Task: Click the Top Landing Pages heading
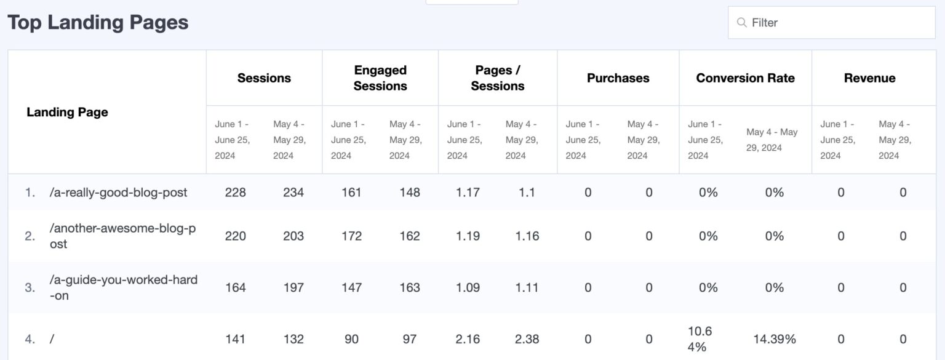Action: (x=98, y=23)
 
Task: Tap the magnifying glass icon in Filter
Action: (x=742, y=23)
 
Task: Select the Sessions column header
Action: (x=264, y=78)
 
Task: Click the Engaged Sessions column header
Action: (x=380, y=78)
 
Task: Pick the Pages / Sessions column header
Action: (x=497, y=78)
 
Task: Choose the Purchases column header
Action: (x=618, y=78)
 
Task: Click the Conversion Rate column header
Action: (x=745, y=78)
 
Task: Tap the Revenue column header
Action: (x=869, y=78)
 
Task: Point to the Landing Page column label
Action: (x=67, y=112)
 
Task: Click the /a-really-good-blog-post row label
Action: (x=118, y=192)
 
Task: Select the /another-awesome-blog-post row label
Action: (x=122, y=236)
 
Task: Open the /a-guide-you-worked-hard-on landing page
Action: (x=123, y=287)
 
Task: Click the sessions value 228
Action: (x=236, y=192)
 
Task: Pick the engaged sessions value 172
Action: (x=351, y=236)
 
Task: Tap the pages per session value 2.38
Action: (x=527, y=338)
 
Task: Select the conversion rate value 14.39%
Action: (x=774, y=338)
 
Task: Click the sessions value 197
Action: (x=293, y=287)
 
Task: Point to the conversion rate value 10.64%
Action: (x=700, y=338)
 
